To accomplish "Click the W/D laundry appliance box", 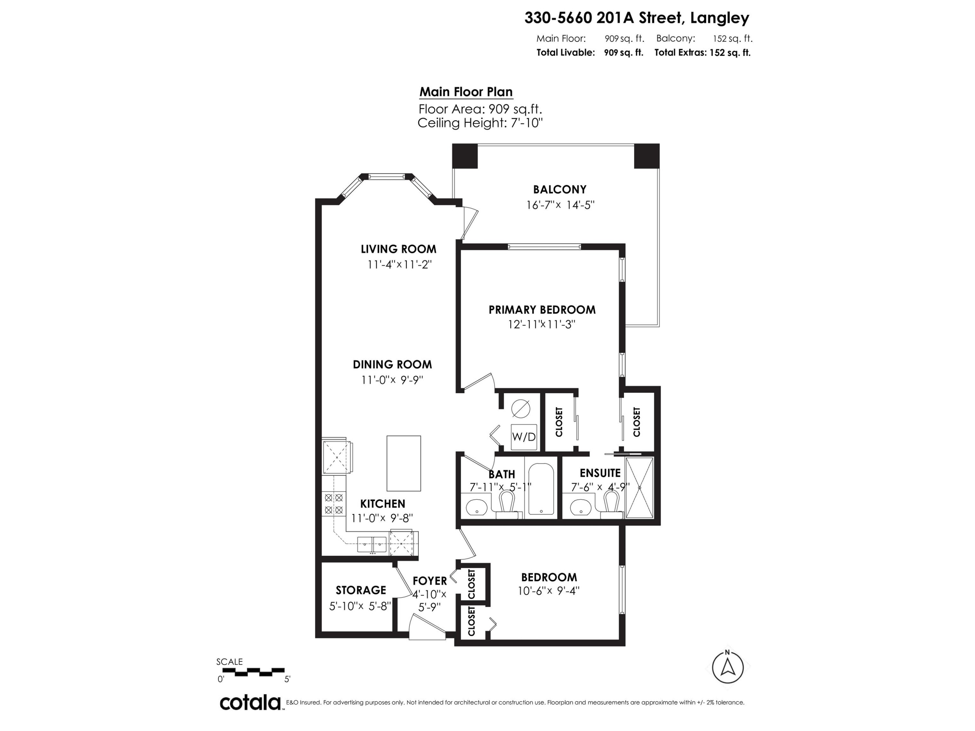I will coord(524,437).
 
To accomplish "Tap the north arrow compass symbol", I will coord(728,668).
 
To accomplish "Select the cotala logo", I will coord(250,702).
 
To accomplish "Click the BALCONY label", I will coord(559,189).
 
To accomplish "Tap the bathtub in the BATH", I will coord(541,489).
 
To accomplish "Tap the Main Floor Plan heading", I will coord(466,92).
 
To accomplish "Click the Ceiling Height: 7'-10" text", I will coord(480,123).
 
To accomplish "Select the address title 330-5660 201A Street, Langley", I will coord(636,18).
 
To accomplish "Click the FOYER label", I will coord(429,581).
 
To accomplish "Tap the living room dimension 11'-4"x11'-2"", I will coord(399,265).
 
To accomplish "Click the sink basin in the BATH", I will coord(476,507).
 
